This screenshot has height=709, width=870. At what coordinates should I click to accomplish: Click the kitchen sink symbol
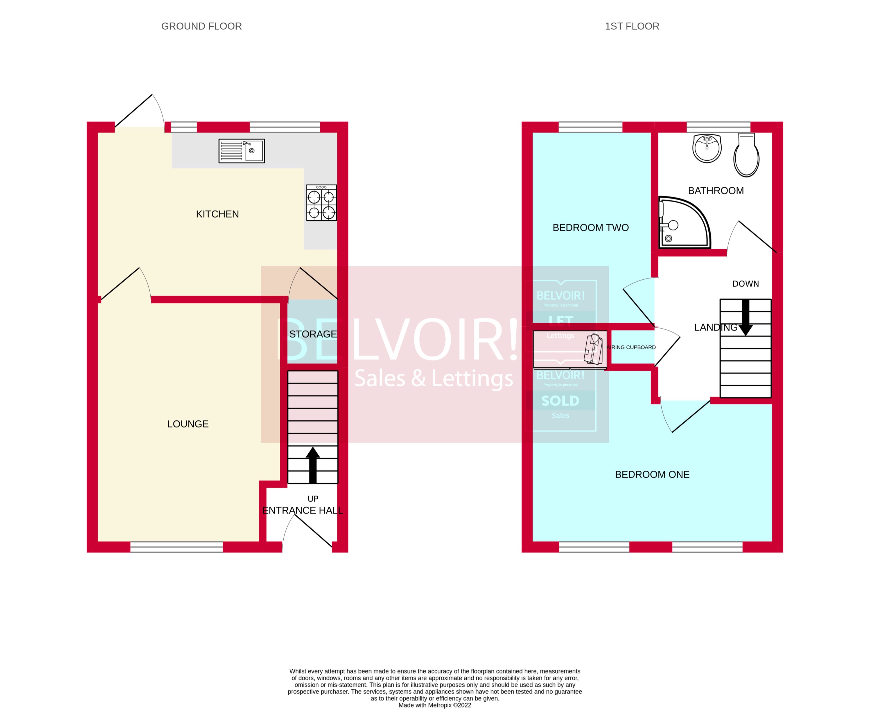(x=241, y=151)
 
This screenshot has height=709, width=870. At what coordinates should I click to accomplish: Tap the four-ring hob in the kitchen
(x=322, y=203)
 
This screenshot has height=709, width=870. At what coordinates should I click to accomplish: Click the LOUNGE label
(x=188, y=424)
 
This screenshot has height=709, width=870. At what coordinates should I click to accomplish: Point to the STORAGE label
(x=313, y=334)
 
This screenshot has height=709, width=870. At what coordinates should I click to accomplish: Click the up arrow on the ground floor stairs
(x=313, y=465)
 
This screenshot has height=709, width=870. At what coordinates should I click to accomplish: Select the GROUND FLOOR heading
(x=201, y=26)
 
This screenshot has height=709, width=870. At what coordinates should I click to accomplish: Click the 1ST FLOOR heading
(x=632, y=26)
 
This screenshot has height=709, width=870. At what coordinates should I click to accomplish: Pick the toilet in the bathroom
(x=746, y=155)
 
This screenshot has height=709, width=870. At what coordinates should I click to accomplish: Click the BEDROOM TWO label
(x=591, y=228)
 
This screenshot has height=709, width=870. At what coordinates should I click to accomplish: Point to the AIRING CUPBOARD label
(x=631, y=347)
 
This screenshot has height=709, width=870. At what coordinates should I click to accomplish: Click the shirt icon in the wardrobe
(x=594, y=349)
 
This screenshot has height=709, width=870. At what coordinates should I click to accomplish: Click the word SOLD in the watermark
(x=560, y=401)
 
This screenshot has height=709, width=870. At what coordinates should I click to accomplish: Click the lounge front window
(x=177, y=547)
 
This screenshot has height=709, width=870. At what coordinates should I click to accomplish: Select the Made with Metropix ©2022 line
(x=435, y=705)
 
